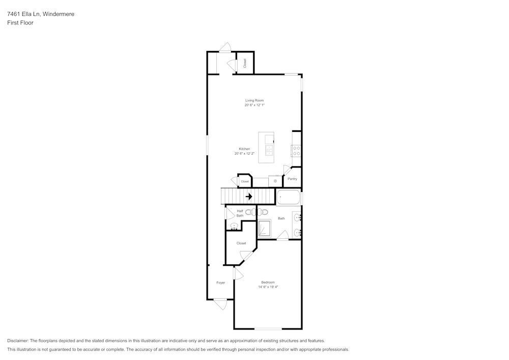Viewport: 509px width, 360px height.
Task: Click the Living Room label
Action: (254, 100)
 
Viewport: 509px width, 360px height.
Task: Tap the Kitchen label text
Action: (244, 149)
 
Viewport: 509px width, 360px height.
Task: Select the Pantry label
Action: (292, 179)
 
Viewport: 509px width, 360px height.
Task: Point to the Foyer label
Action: (220, 283)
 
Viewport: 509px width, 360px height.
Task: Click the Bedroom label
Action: (268, 283)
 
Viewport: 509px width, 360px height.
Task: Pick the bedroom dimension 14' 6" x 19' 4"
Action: (268, 287)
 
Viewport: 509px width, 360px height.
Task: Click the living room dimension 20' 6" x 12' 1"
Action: (254, 105)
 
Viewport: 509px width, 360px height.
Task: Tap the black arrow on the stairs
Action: (249, 197)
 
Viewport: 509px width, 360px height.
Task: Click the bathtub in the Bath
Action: (289, 197)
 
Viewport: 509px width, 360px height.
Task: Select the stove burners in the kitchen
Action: (296, 150)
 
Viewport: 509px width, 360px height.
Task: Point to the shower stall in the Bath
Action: (265, 229)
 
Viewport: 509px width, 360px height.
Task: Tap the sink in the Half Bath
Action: (234, 225)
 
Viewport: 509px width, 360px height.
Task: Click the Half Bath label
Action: (240, 213)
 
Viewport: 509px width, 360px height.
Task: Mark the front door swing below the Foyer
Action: (220, 304)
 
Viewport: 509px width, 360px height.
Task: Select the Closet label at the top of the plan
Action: (245, 64)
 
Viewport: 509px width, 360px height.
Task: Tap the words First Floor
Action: (20, 23)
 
